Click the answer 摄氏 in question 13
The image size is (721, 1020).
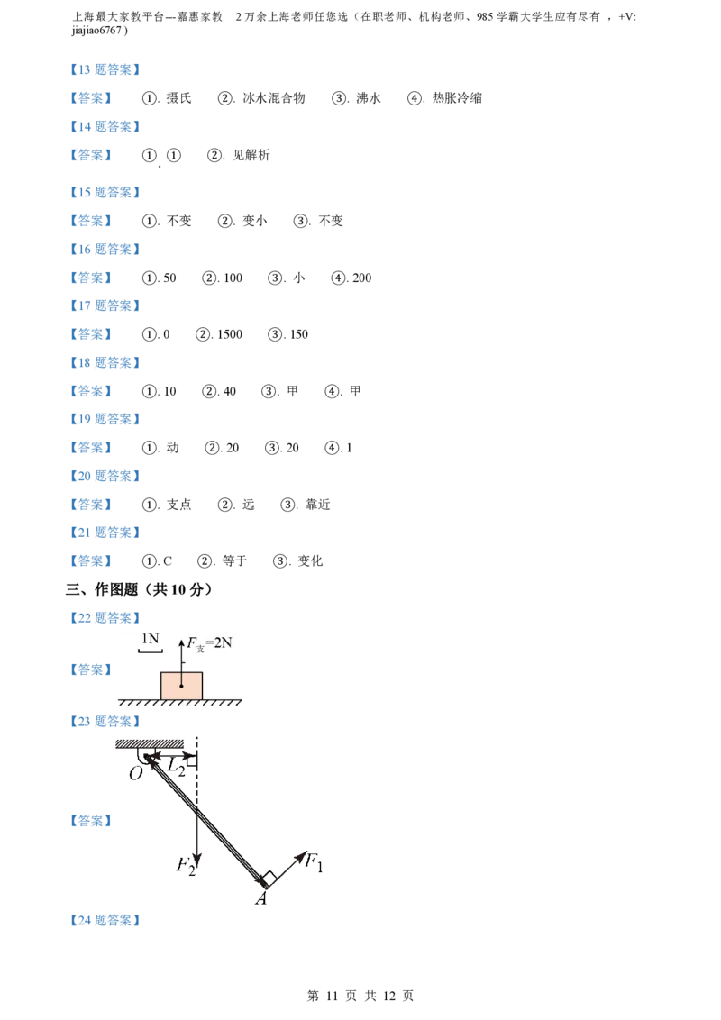tap(179, 98)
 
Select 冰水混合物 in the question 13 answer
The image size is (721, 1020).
tap(274, 98)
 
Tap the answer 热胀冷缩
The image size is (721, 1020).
tap(458, 98)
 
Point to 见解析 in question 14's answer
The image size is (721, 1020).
tap(251, 155)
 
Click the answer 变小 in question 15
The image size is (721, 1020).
tap(255, 221)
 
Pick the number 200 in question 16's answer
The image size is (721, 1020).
tap(361, 278)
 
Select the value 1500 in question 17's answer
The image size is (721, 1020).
tap(230, 334)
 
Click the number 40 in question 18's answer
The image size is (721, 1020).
tap(230, 392)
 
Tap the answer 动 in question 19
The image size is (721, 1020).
tap(172, 448)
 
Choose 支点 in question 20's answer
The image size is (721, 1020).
tap(179, 505)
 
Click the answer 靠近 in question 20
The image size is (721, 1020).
tap(318, 505)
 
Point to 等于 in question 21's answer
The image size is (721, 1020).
tap(235, 561)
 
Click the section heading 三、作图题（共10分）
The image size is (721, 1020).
tap(139, 589)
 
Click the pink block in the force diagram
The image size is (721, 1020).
tap(181, 686)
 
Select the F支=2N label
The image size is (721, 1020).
tap(209, 643)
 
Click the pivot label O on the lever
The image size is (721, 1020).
tap(136, 773)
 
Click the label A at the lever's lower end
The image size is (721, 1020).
tap(261, 899)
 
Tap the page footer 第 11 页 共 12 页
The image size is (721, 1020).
tap(360, 996)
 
